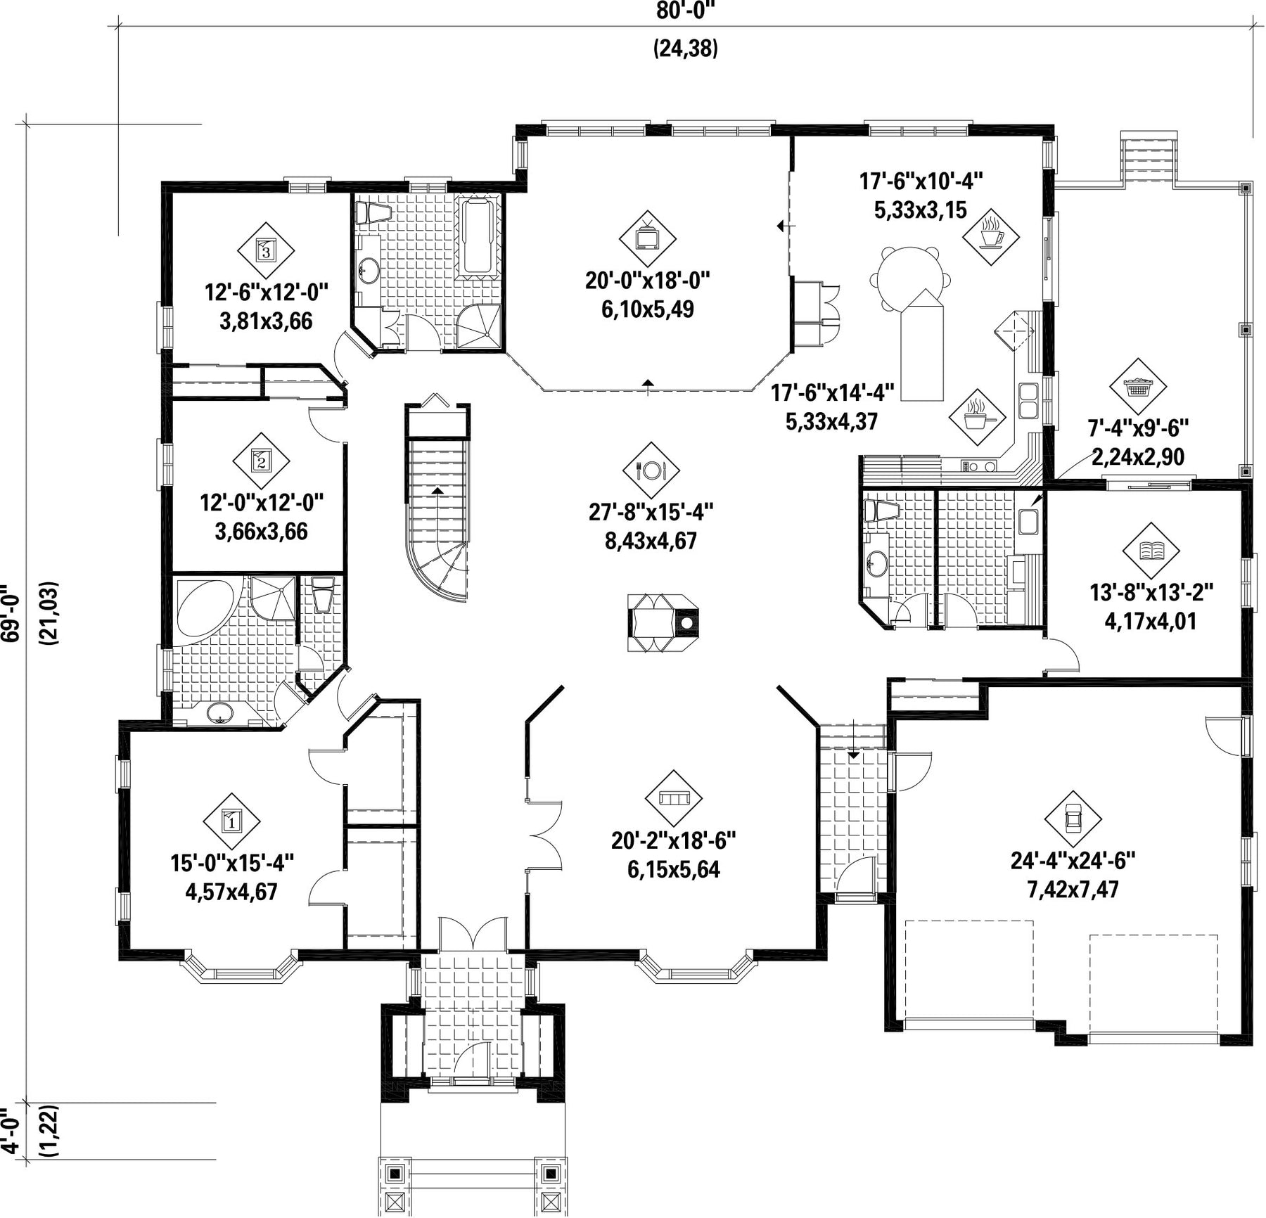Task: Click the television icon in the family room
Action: [647, 238]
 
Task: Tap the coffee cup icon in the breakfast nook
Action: [990, 236]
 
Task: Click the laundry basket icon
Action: [1138, 387]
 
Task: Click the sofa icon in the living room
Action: [674, 798]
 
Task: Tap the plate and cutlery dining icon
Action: [651, 470]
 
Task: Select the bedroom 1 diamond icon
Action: [231, 821]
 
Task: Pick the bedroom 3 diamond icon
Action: [265, 250]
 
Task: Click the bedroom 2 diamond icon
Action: [261, 462]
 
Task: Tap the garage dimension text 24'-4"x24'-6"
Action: [1073, 860]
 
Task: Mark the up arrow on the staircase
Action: [437, 490]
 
